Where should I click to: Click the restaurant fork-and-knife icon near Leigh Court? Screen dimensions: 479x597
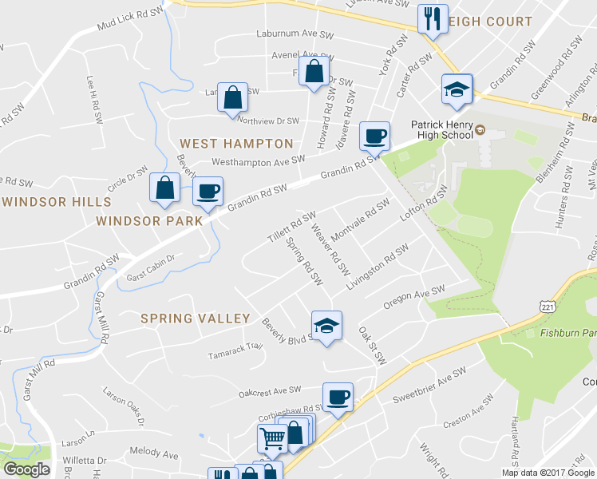(x=433, y=18)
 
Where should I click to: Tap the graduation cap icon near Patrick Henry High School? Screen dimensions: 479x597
(x=457, y=89)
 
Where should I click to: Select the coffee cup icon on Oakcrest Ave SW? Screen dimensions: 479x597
(x=338, y=397)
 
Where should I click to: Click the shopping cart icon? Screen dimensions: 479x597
(x=271, y=438)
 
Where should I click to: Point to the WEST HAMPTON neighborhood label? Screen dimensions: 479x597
(x=236, y=144)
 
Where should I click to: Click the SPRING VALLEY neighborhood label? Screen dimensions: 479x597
(x=196, y=319)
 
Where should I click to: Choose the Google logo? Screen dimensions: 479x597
(x=26, y=469)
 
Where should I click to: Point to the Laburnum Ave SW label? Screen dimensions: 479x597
(x=294, y=34)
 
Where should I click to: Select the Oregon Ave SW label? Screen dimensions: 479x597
(x=413, y=295)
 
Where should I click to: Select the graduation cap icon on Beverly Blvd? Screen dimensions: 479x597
(x=326, y=326)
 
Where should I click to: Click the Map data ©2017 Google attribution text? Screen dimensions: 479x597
(x=548, y=473)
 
